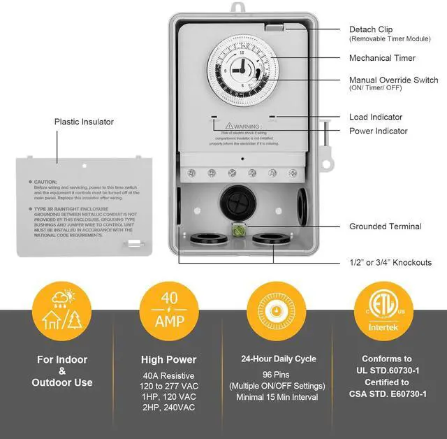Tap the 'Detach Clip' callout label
point(372,30)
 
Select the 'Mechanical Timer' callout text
point(382,58)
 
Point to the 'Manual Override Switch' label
point(393,80)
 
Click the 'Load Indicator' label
point(376,117)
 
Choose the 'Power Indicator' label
point(378,131)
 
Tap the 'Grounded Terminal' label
point(385,226)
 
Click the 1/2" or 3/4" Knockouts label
point(390,263)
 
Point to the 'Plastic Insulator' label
point(84,122)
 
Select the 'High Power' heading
point(169,360)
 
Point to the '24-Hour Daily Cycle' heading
point(279,359)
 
